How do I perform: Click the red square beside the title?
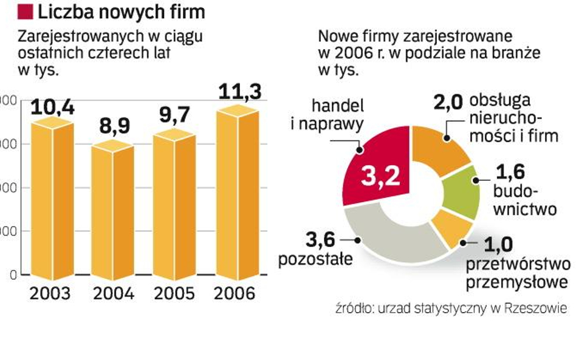pos(26,11)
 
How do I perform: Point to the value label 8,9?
pos(113,129)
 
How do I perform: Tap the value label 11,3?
pos(240,92)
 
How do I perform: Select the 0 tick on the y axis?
pos(5,275)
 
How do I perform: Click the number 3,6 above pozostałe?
pos(320,240)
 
